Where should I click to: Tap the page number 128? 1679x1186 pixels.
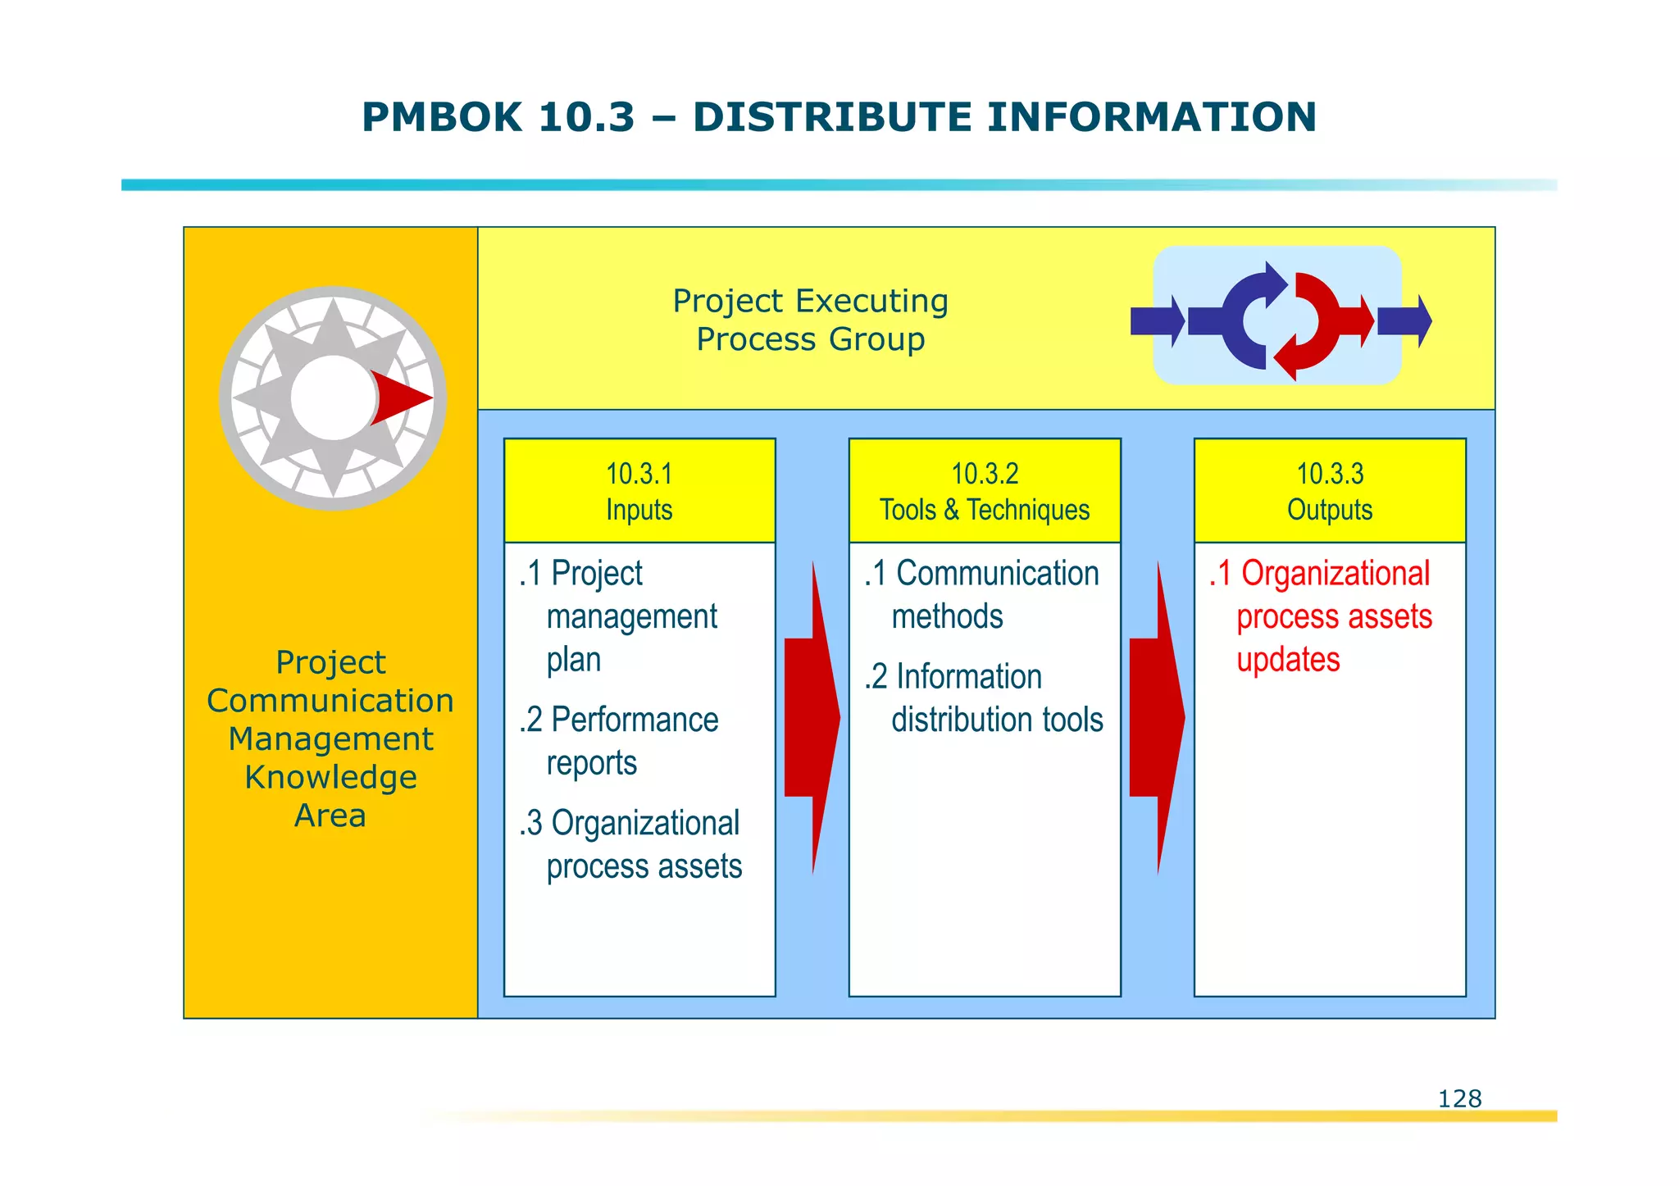1459,1098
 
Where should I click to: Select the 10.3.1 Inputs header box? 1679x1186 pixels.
639,490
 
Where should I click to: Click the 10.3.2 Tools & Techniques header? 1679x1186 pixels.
985,490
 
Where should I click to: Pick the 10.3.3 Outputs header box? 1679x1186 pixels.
1330,490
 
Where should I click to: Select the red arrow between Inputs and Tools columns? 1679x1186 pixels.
812,718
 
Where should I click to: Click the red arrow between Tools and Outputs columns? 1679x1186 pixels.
1157,718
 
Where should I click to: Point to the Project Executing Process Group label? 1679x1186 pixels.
810,320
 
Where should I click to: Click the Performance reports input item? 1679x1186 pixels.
619,741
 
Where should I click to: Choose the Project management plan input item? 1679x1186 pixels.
619,616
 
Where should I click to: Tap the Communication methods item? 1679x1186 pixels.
981,595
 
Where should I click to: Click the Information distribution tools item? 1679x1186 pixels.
984,698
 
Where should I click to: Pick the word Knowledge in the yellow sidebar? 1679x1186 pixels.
330,777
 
